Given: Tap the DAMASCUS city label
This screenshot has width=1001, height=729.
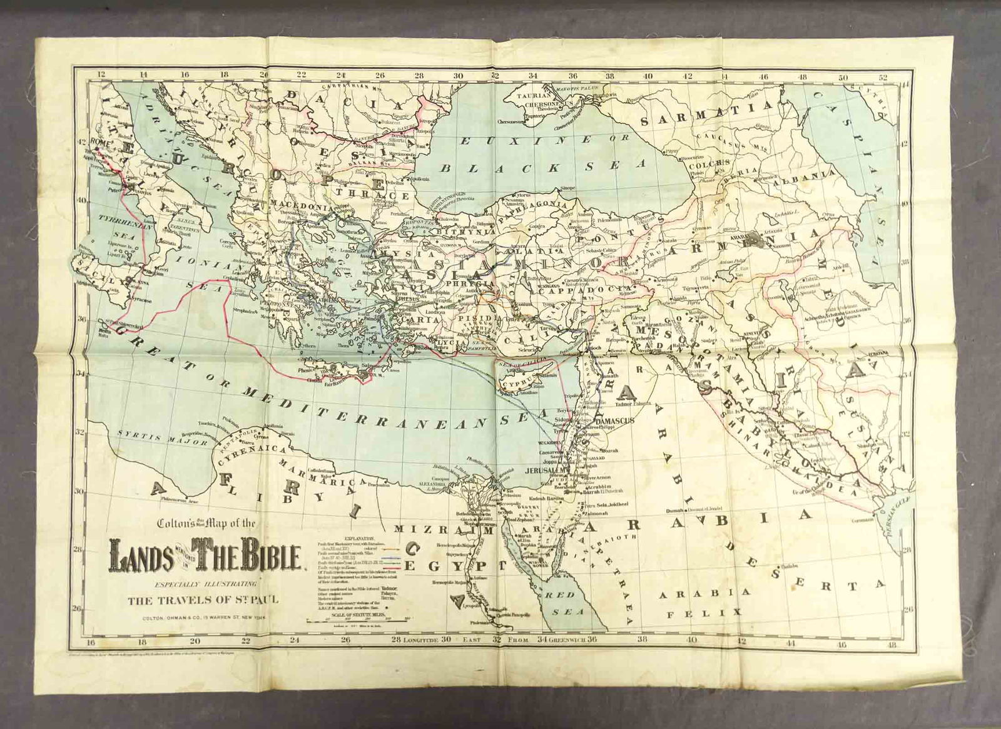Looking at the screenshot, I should pos(617,421).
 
